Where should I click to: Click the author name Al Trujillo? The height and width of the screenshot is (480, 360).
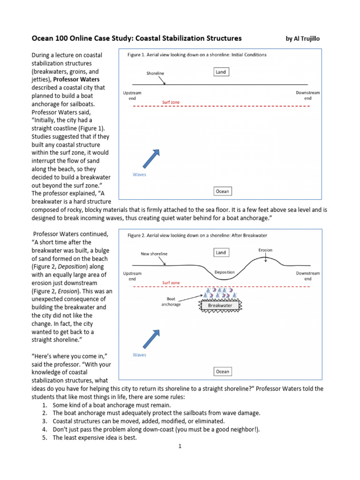point(306,38)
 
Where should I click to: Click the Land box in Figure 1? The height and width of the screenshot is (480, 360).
point(221,72)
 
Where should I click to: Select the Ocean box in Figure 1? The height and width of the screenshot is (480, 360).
point(222,191)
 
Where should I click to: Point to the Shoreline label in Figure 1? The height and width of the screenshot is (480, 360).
point(155,74)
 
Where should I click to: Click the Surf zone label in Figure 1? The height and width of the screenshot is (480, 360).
point(171,102)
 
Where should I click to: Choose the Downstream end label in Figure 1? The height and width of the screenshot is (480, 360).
point(307,96)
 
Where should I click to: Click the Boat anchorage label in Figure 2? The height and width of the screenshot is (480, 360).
point(171,301)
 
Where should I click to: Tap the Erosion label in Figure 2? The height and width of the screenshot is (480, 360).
point(265,250)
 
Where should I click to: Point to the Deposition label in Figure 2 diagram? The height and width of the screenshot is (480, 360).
point(224,272)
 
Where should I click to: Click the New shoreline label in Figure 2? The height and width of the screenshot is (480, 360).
point(154,254)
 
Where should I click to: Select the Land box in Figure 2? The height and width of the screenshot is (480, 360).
point(221,253)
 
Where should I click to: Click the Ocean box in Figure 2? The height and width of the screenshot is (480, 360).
point(222,372)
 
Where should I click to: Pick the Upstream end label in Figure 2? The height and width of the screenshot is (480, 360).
point(132,276)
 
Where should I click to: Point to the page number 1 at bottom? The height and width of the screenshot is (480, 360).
point(180,446)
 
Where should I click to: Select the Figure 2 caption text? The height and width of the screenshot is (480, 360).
point(197,235)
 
